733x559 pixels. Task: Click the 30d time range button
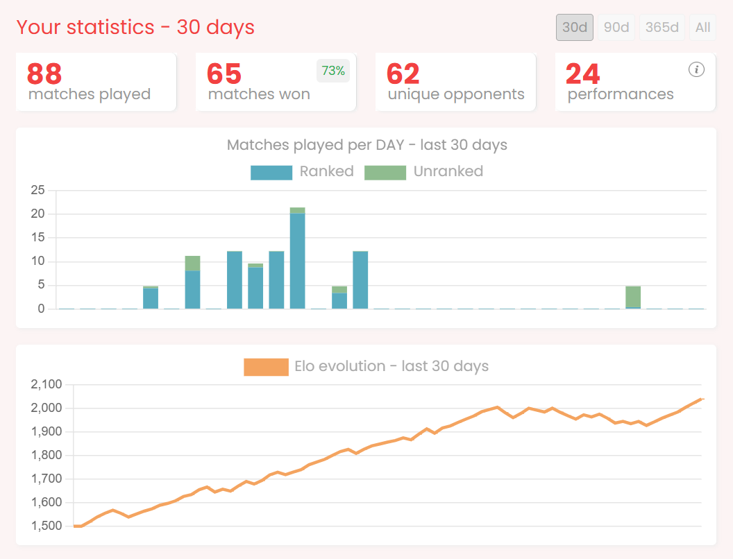[x=575, y=28]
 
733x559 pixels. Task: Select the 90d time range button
[x=616, y=28]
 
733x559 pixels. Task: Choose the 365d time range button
[x=662, y=28]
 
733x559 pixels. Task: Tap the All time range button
[x=703, y=28]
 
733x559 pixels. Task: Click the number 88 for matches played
[x=44, y=74]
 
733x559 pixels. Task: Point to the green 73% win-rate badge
[x=333, y=71]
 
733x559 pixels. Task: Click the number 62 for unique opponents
[x=403, y=74]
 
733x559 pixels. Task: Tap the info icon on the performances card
[x=697, y=69]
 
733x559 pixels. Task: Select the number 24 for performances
[x=583, y=74]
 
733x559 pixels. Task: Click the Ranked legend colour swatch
[x=271, y=172]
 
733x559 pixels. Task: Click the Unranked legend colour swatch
[x=385, y=172]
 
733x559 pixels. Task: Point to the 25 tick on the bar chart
[x=37, y=191]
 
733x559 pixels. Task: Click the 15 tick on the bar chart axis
[x=37, y=238]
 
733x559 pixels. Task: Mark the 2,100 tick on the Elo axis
[x=47, y=384]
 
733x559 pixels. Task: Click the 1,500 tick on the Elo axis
[x=47, y=526]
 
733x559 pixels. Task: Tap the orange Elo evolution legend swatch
[x=266, y=367]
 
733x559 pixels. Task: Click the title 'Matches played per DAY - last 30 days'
[x=366, y=146]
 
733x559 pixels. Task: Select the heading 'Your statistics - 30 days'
[x=135, y=28]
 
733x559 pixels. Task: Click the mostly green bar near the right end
[x=633, y=297]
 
